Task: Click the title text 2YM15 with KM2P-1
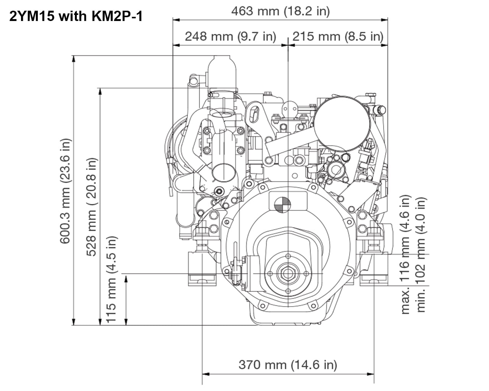tap(76, 17)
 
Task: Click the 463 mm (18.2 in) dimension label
tap(280, 11)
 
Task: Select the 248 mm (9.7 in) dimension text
tap(230, 36)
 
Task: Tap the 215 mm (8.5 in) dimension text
tap(338, 36)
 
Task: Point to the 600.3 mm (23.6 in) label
tap(65, 191)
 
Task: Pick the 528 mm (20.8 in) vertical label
tap(92, 207)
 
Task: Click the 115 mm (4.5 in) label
tap(111, 279)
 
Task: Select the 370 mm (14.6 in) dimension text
tap(288, 365)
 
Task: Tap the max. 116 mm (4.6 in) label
tap(405, 255)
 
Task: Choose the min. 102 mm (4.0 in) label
tap(421, 255)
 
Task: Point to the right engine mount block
tap(374, 269)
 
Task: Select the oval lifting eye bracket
tap(254, 114)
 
